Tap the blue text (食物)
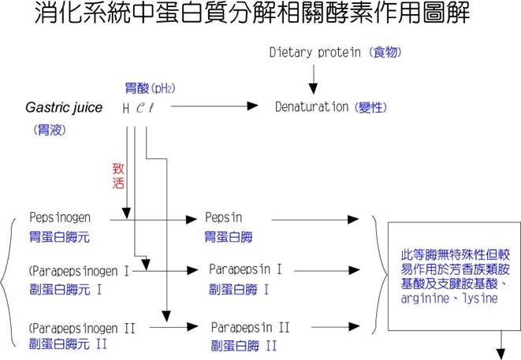pos(385,53)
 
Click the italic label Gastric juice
pos(64,107)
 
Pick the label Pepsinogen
pos(60,217)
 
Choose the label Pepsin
pos(223,217)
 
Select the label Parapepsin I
pos(250,270)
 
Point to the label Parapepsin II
pos(251,326)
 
